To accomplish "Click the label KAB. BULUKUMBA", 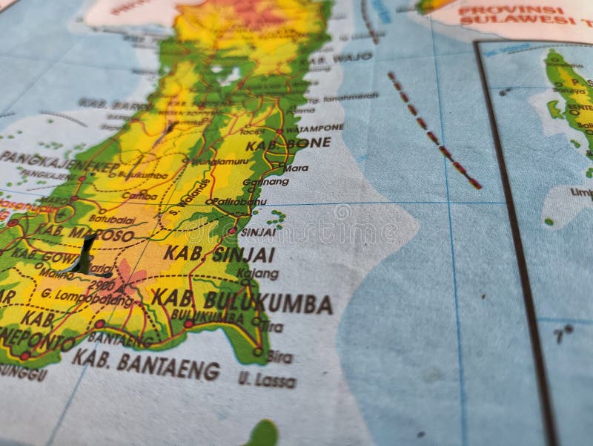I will pos(242,301).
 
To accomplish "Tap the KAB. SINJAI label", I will pos(219,254).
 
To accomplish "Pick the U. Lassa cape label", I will pos(267,381).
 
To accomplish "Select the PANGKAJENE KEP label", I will pos(59,162).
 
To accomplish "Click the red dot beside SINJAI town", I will pos(232,231).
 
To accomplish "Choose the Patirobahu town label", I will pos(238,201).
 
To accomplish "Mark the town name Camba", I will pos(139,196).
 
